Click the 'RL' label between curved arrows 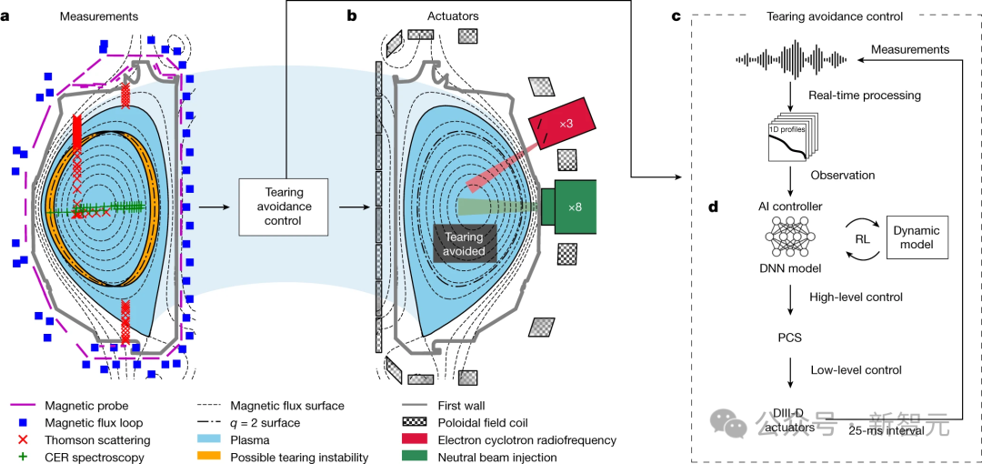point(861,238)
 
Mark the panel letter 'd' point(714,207)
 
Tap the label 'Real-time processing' point(864,95)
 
